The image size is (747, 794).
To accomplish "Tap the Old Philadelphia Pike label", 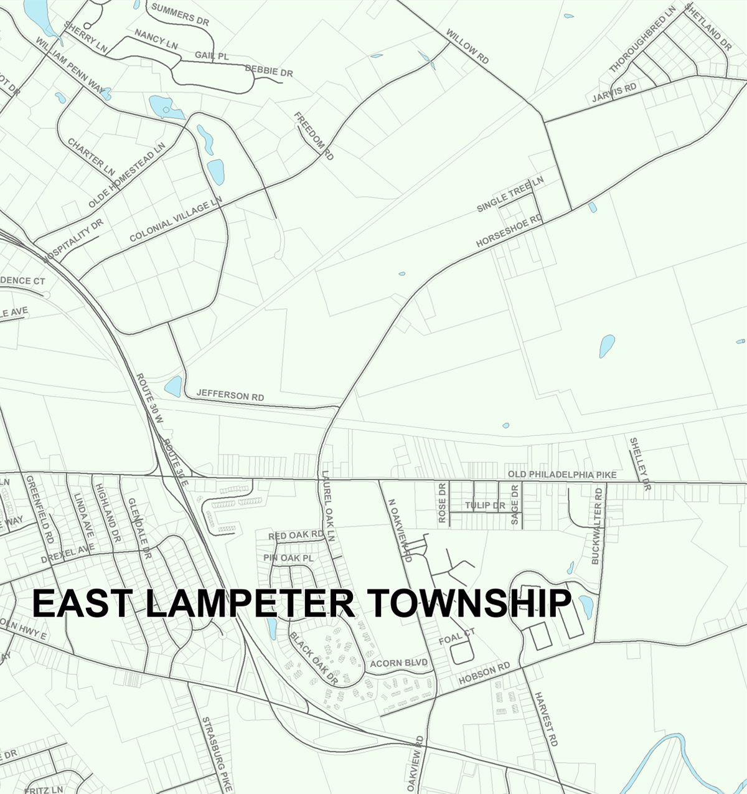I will click(562, 475).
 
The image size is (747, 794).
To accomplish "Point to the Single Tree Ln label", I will click(510, 194).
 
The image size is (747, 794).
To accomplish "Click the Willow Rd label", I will click(467, 45).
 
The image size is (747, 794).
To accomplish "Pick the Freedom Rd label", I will click(314, 136).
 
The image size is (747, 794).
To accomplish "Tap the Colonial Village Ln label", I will click(176, 220).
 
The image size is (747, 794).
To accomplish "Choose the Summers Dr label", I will click(180, 14).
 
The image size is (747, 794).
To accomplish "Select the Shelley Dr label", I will click(639, 463).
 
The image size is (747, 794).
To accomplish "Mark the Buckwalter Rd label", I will click(597, 526).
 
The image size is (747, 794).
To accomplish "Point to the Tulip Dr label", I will click(485, 506).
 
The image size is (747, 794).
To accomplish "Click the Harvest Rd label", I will click(546, 719).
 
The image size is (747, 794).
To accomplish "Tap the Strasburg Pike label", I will click(216, 754).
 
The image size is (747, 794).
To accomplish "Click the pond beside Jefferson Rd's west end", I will click(174, 386).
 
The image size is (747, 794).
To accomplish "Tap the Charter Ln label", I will click(92, 156).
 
